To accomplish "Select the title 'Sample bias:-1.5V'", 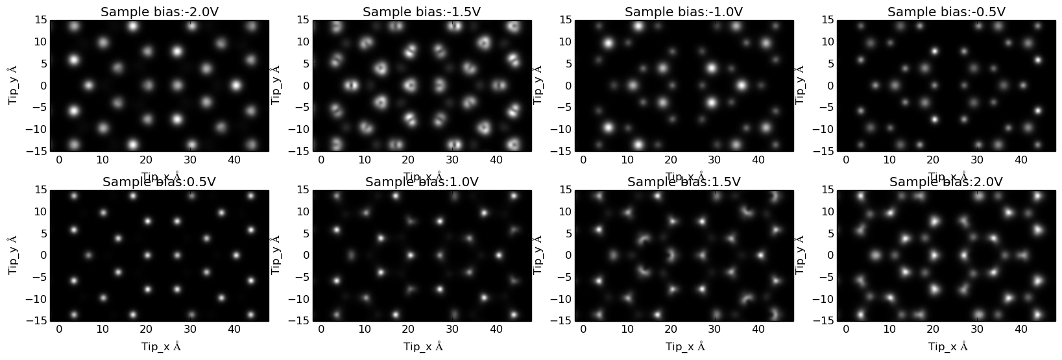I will [x=422, y=12].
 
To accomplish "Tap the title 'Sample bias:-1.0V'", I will [x=684, y=12].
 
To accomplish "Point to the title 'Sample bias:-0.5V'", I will [x=947, y=12].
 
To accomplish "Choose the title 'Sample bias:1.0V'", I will [x=422, y=182].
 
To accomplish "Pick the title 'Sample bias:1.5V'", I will [x=684, y=182].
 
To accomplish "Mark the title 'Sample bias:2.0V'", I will [x=947, y=182].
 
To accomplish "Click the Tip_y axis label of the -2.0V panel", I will [x=14, y=85].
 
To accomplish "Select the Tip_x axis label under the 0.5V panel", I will [x=161, y=347].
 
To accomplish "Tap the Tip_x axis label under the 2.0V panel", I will [x=948, y=347].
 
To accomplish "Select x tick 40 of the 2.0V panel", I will [x=1021, y=330].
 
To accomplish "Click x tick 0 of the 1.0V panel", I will [x=321, y=330].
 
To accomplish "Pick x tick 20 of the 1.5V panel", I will [x=671, y=330].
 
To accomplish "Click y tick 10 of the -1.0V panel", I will [x=562, y=42].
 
